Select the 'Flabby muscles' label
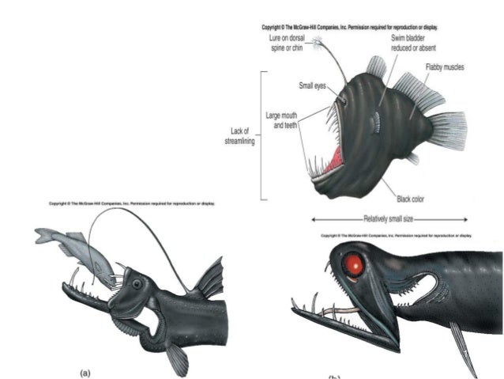click(x=443, y=68)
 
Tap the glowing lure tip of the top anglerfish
click(x=318, y=39)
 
